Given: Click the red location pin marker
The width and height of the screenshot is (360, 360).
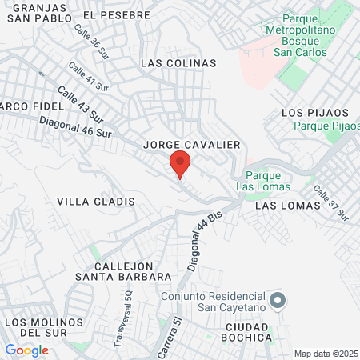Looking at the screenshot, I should point(180,164).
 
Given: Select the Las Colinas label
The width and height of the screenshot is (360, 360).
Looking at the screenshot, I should point(178,62).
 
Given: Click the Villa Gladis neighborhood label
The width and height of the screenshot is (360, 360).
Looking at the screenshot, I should point(96,202).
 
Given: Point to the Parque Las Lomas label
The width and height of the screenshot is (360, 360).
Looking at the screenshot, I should point(259,182).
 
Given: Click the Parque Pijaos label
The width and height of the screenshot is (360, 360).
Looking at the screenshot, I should point(326,125).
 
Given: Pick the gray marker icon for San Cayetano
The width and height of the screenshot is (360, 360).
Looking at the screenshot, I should point(278,302).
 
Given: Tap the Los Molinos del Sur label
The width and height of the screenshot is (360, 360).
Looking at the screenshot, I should point(44,327).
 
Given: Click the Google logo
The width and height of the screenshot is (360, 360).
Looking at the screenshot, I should point(26,350).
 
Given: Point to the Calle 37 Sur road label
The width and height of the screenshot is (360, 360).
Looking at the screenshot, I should point(330,203).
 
